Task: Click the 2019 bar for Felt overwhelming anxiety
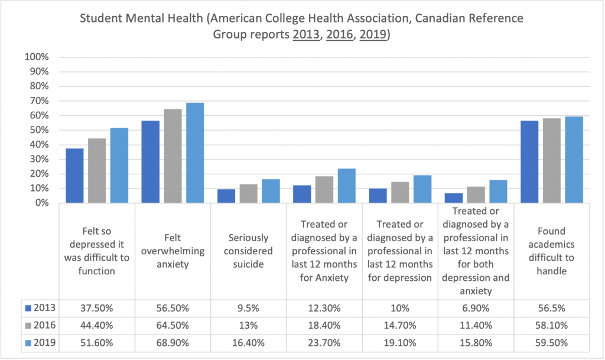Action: (x=195, y=153)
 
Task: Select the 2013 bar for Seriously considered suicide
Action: (x=226, y=196)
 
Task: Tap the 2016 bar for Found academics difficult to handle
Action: (x=552, y=161)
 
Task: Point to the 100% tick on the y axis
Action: (x=37, y=57)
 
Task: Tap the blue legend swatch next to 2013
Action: (x=29, y=307)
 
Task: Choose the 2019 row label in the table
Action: (x=45, y=342)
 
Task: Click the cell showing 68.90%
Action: (x=173, y=342)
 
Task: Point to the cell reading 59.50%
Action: (x=551, y=342)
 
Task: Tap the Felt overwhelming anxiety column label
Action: (x=173, y=251)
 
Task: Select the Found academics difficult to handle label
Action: (x=551, y=251)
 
